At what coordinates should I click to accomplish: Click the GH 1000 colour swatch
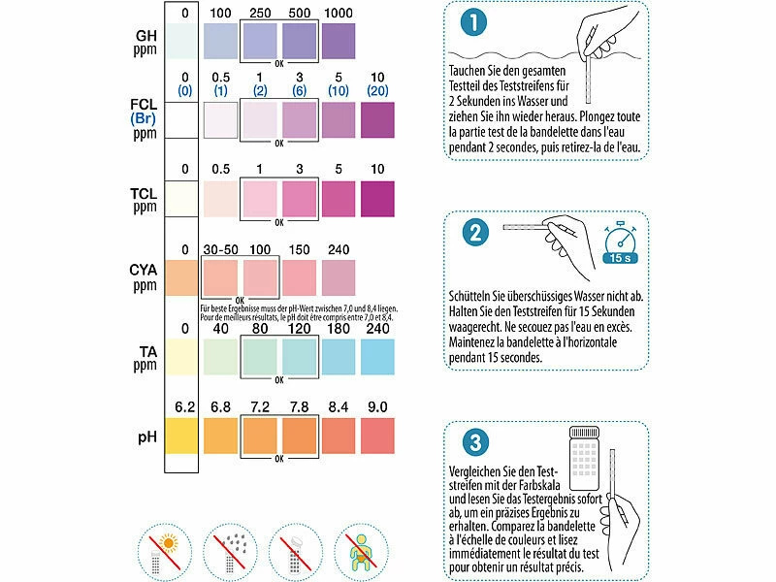click(339, 44)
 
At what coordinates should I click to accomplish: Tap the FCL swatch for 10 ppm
click(378, 120)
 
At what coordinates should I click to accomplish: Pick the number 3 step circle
click(472, 442)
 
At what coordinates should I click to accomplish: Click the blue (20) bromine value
click(378, 90)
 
